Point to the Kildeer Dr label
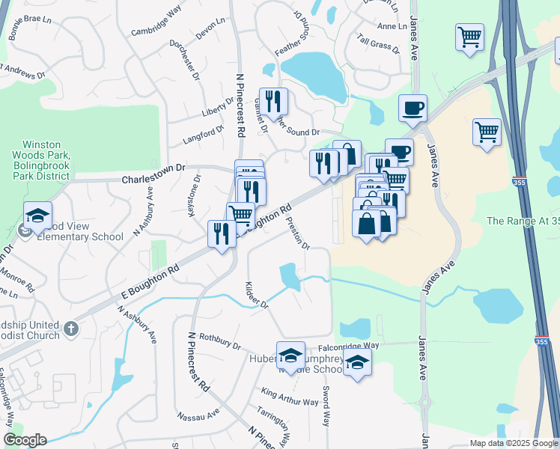[x=256, y=296]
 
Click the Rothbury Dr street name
[x=215, y=342]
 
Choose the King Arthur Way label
[x=290, y=397]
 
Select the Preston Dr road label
[x=298, y=233]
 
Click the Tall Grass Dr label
[x=379, y=44]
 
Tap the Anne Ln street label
[x=392, y=26]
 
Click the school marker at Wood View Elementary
[x=37, y=216]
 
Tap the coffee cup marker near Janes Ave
[x=413, y=109]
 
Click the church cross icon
[x=70, y=328]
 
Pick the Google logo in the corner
[x=24, y=440]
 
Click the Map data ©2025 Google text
[x=513, y=443]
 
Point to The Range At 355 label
[x=523, y=221]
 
